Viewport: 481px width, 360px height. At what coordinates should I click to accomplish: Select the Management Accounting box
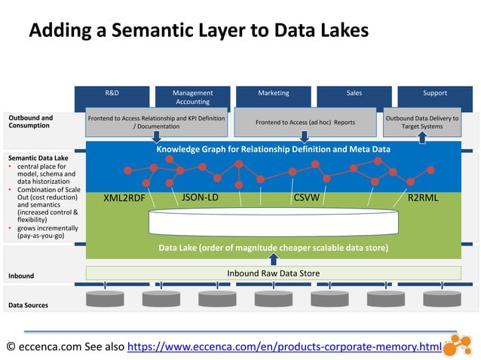(192, 97)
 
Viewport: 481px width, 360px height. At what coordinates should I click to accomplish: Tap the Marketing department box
(273, 97)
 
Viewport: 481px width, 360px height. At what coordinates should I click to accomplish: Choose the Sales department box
(354, 97)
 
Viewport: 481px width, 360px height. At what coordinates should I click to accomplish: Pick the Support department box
(434, 97)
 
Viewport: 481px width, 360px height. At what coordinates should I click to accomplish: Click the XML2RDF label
(124, 200)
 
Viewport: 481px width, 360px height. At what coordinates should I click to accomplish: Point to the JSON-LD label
(201, 198)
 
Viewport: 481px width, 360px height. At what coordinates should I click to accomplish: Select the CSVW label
(305, 199)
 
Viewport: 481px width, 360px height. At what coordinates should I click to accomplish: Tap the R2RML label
(423, 199)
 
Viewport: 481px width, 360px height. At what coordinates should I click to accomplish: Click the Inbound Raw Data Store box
(273, 273)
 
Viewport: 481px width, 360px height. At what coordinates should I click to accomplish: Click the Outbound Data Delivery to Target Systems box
(421, 122)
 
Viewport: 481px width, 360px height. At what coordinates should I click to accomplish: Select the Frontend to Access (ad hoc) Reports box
(305, 122)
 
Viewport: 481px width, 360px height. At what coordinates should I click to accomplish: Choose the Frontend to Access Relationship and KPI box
(157, 122)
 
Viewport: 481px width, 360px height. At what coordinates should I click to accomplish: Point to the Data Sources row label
(28, 305)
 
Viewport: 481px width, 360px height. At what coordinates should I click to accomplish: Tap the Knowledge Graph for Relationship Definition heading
(273, 149)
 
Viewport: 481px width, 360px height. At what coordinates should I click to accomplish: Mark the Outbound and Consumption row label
(31, 122)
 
